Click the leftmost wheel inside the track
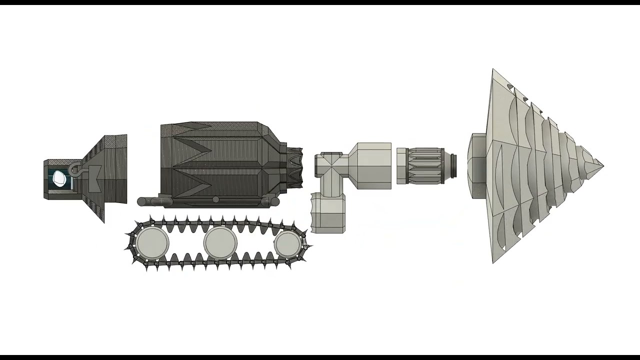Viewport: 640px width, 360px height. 152,243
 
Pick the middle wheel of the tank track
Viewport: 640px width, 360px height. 220,243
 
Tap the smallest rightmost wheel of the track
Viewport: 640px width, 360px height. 287,243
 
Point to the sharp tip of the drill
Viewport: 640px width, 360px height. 602,165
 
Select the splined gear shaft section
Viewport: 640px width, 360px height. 424,165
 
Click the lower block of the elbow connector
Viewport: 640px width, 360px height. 327,214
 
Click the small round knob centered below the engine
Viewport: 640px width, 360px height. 215,200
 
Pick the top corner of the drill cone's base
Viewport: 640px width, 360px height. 493,70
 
